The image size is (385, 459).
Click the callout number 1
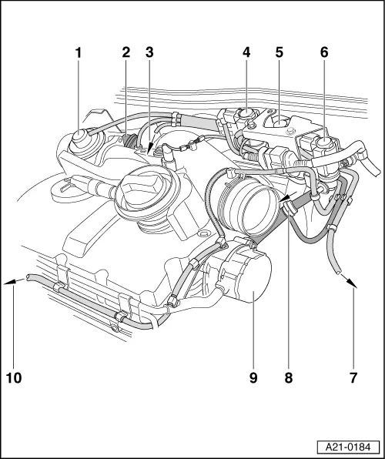click(x=78, y=53)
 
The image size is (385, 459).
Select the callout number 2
click(x=126, y=53)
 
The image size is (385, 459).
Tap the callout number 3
click(x=149, y=53)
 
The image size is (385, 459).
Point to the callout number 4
click(x=246, y=53)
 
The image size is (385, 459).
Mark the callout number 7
click(x=353, y=378)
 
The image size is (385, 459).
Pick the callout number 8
click(x=289, y=378)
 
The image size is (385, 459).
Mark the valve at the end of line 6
click(x=322, y=146)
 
